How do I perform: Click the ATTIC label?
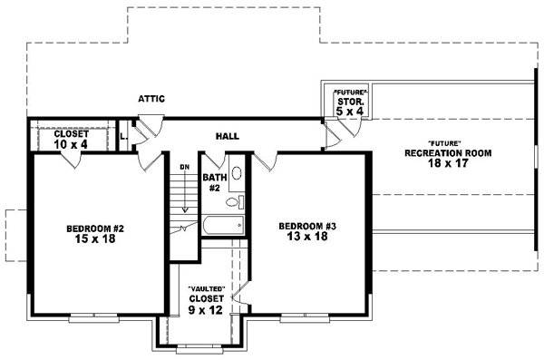pos(151,96)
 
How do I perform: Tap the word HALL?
pos(227,136)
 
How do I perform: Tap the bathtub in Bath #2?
pos(222,225)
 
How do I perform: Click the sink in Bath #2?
pos(236,173)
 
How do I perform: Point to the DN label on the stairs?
pos(183,167)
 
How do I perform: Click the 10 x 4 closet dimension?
pos(71,143)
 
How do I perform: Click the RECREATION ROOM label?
pos(448,153)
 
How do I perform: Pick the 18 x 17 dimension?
pos(448,164)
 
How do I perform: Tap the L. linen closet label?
pos(123,137)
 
